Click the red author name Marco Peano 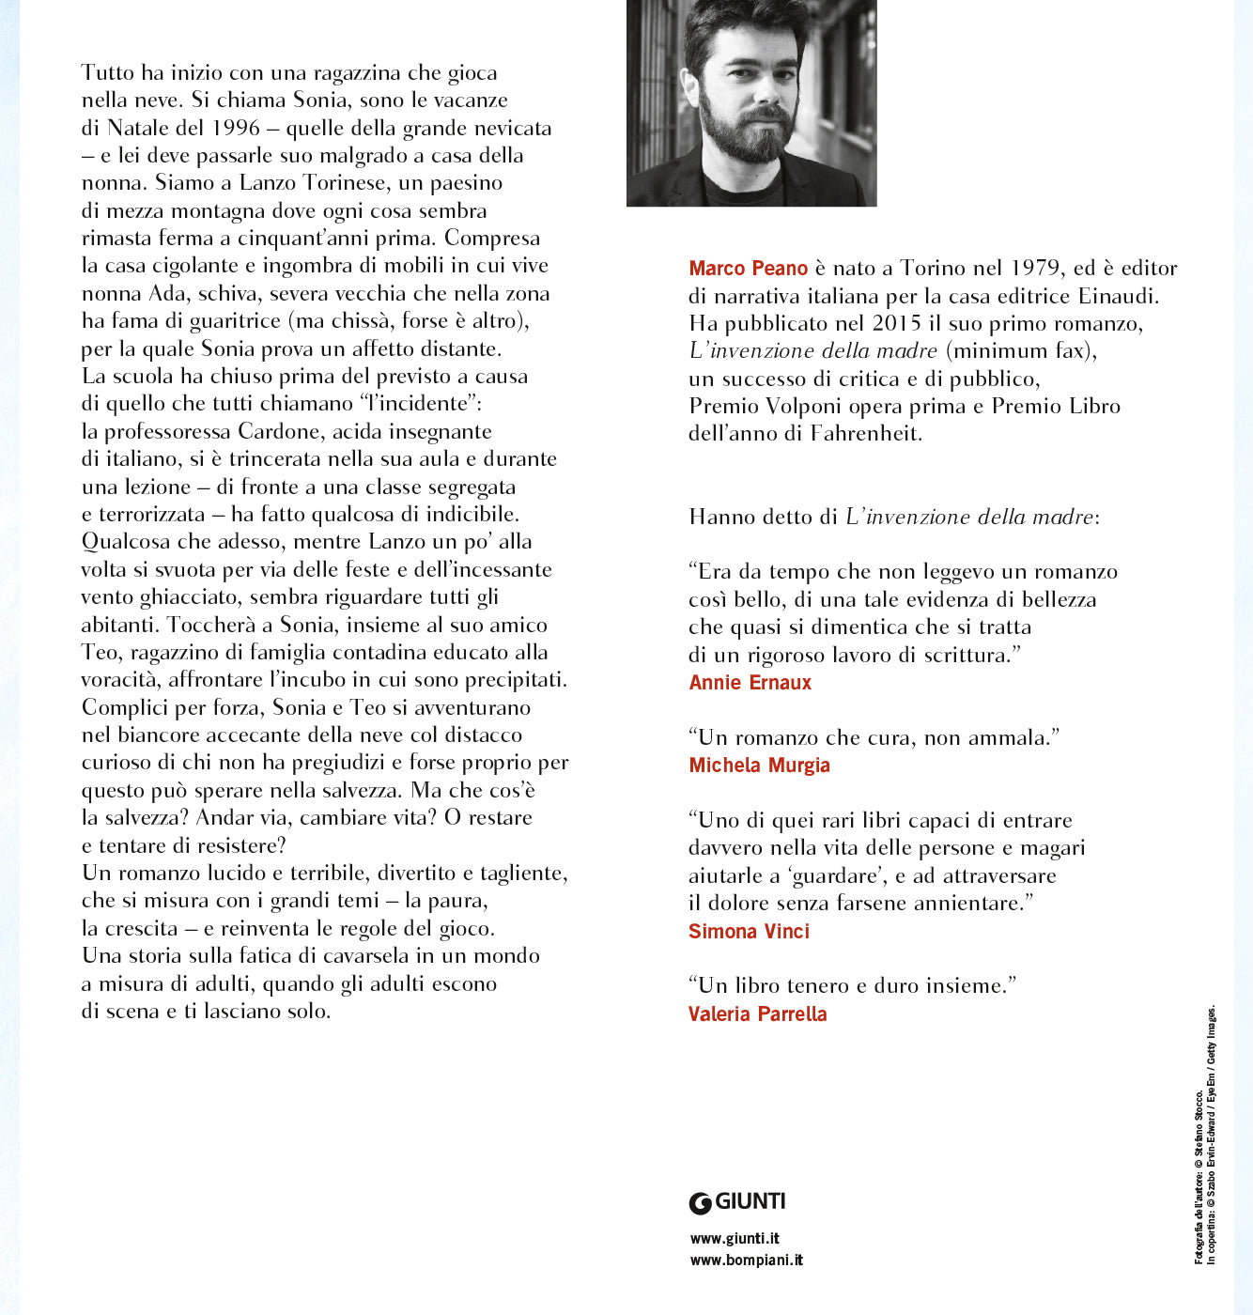click(748, 269)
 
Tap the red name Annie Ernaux click(750, 683)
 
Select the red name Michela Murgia click(759, 766)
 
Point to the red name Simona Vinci click(749, 932)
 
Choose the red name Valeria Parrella click(757, 1014)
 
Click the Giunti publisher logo click(737, 1202)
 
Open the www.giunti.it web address click(735, 1239)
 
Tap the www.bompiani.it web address click(746, 1261)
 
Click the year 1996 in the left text click(236, 128)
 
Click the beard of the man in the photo click(752, 141)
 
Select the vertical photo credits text click(1205, 1137)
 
